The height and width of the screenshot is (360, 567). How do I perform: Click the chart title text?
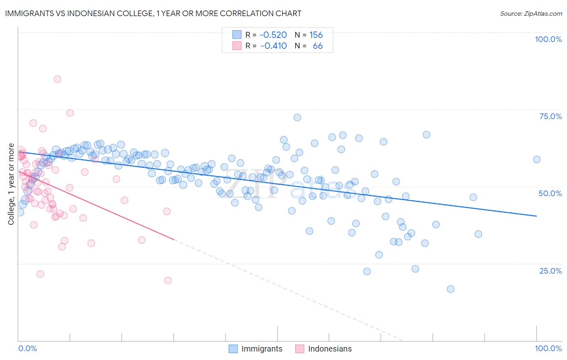[153, 13]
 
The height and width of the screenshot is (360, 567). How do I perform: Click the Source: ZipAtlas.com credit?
[531, 13]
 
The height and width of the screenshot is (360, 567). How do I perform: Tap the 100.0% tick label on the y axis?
[548, 39]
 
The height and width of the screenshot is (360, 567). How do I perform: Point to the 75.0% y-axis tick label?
[550, 116]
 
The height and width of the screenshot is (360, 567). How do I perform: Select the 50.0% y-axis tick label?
[550, 193]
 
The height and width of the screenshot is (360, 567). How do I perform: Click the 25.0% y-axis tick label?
[550, 270]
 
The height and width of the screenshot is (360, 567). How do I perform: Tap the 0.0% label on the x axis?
[27, 348]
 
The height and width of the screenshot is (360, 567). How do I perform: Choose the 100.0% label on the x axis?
[548, 348]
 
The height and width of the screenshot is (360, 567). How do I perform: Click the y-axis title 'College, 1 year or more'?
[11, 184]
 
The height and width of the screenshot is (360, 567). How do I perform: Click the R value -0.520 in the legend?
[273, 35]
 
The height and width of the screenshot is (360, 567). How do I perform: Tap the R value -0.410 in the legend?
[273, 46]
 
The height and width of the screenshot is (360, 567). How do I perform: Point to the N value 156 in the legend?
[316, 35]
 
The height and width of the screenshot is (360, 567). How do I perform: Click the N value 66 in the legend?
[317, 46]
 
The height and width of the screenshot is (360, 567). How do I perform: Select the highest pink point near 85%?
[57, 79]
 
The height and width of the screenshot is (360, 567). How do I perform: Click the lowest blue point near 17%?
[450, 289]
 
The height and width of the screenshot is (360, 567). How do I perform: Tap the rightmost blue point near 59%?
[536, 159]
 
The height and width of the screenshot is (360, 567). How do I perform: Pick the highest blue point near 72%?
[297, 117]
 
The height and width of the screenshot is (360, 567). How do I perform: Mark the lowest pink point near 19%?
[168, 280]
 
